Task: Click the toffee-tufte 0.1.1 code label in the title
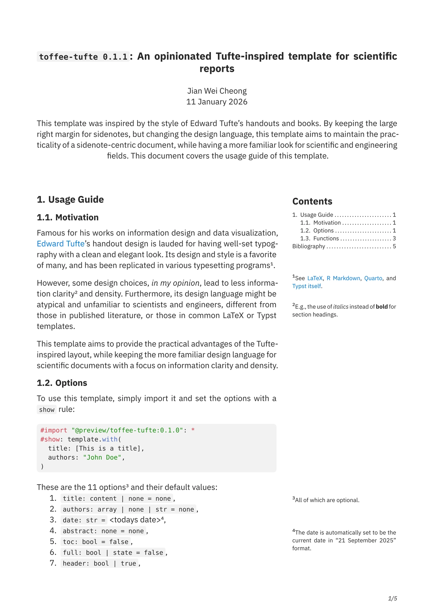(83, 57)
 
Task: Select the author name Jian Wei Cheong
(217, 91)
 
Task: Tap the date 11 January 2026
(217, 102)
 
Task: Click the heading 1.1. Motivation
(67, 217)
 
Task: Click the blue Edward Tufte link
(60, 244)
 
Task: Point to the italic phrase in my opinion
(175, 283)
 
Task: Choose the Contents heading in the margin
(312, 201)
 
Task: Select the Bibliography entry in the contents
(308, 246)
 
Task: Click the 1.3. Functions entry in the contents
(319, 238)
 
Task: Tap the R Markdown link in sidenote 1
(343, 278)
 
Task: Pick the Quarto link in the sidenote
(373, 278)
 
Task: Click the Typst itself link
(306, 286)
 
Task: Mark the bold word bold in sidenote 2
(382, 307)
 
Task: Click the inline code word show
(47, 410)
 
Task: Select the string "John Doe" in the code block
(102, 457)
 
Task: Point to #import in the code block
(54, 430)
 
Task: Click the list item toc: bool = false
(96, 542)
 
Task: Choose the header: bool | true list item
(99, 563)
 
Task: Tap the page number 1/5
(392, 598)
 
